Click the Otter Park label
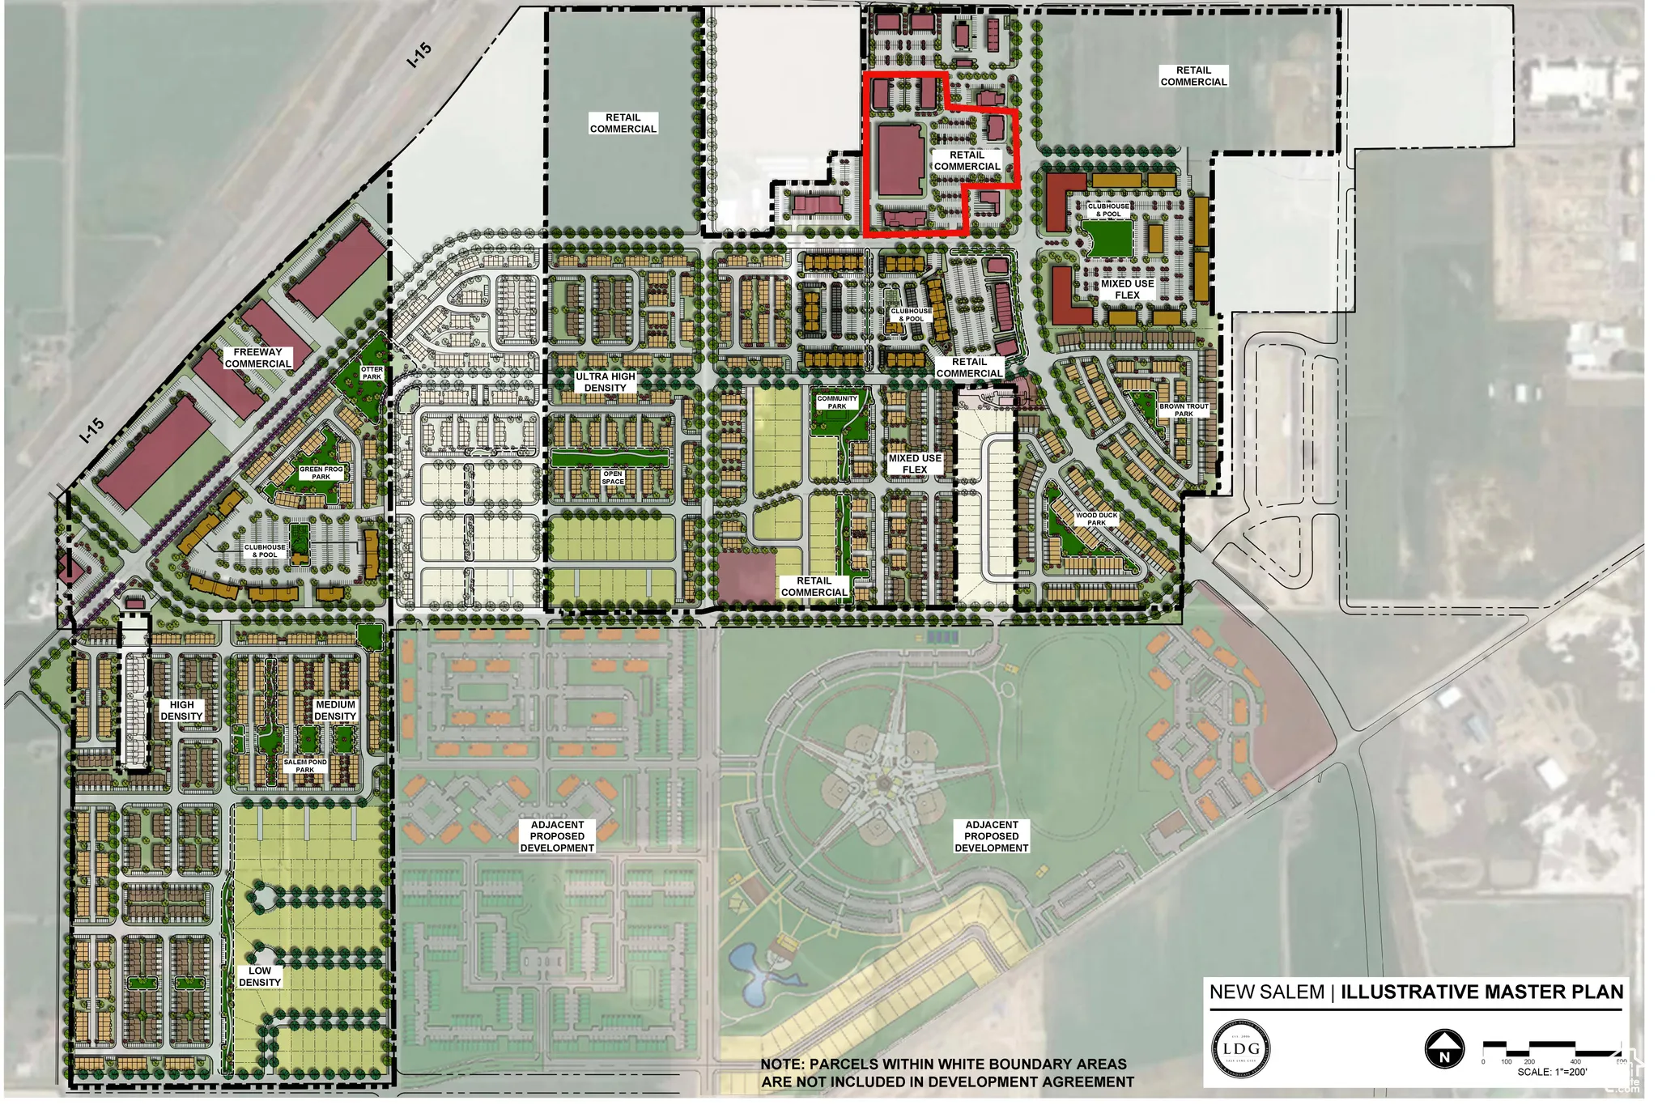372,373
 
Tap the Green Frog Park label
321,473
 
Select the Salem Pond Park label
305,766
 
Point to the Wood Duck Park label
1096,519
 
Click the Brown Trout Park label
1184,410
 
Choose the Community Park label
836,402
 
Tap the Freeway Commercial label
258,358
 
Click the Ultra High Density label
605,382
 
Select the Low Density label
260,976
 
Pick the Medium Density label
335,711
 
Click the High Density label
181,711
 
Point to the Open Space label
613,478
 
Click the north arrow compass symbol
1444,1049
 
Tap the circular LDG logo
1240,1049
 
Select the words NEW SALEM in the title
1266,992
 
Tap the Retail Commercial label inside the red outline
967,160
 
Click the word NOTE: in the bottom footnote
783,1065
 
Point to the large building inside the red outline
900,160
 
